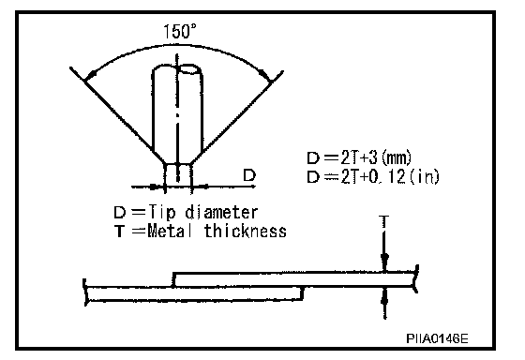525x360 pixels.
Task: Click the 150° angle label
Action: click(x=180, y=31)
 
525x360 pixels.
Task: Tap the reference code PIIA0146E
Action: click(x=437, y=338)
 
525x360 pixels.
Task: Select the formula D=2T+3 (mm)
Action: click(x=359, y=157)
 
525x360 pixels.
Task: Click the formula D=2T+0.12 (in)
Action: click(x=373, y=176)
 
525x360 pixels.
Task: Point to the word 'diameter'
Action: click(x=221, y=212)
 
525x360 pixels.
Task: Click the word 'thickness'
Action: click(x=246, y=231)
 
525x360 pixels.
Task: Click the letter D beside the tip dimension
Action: click(x=249, y=175)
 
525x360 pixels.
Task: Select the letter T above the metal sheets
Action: click(x=384, y=221)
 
